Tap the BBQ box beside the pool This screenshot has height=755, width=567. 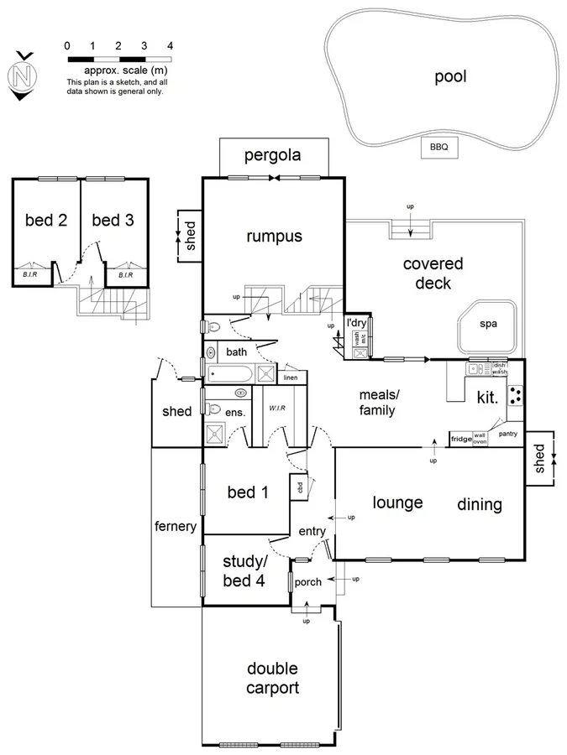(x=438, y=147)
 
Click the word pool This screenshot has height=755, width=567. (x=449, y=77)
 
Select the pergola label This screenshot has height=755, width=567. (x=272, y=155)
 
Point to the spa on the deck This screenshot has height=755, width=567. (x=488, y=323)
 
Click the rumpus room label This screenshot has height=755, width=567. (x=274, y=237)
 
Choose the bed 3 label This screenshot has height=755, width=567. (x=113, y=220)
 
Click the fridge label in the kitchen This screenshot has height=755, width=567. (x=460, y=438)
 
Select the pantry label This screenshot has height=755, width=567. (x=507, y=434)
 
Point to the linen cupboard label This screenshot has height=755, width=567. (x=291, y=378)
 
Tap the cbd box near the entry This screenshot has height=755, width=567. (x=298, y=487)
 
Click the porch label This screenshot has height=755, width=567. (x=307, y=581)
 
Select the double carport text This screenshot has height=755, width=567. (x=272, y=678)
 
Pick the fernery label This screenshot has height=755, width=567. (x=176, y=527)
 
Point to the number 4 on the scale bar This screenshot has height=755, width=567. (x=171, y=45)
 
